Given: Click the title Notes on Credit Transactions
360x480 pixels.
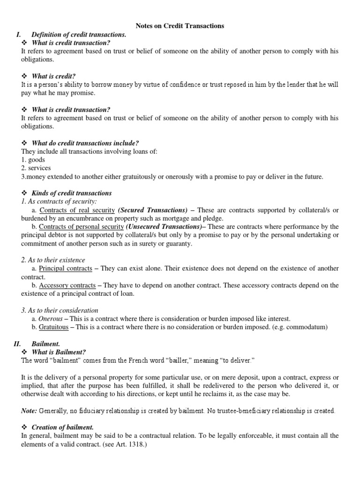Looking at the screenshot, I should tap(180, 26).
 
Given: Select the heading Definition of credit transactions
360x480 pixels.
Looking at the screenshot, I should tap(79, 35).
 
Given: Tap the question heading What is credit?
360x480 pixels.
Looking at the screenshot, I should tap(53, 76).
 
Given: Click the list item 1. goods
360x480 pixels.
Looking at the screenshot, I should tap(33, 160).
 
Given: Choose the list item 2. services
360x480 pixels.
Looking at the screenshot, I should tap(36, 168).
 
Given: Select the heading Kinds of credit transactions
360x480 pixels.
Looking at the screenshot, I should tap(72, 193).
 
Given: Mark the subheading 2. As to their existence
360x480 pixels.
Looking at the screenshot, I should tap(53, 260).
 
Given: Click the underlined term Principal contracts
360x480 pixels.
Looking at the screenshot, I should tap(66, 269).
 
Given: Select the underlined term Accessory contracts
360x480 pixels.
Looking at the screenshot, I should tap(67, 285).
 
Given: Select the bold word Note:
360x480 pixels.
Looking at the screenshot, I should tap(30, 411).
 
